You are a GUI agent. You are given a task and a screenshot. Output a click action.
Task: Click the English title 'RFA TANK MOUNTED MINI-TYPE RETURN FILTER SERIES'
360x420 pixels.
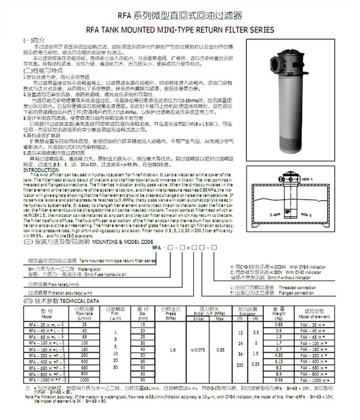(x=179, y=30)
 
